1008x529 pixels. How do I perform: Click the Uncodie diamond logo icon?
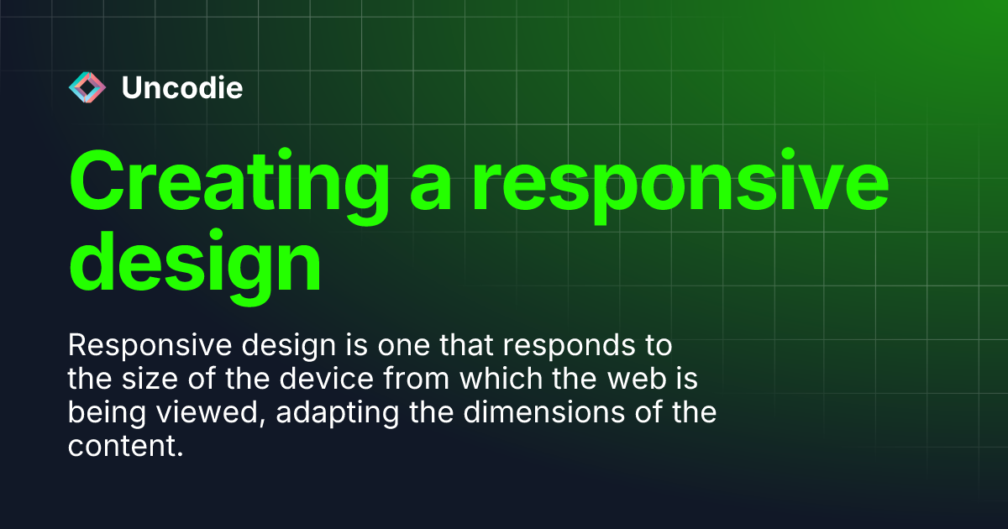87,87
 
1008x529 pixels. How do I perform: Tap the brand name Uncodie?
182,87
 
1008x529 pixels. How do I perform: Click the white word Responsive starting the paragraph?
137,346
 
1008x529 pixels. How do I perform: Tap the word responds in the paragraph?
592,346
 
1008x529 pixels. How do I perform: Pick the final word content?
124,447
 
